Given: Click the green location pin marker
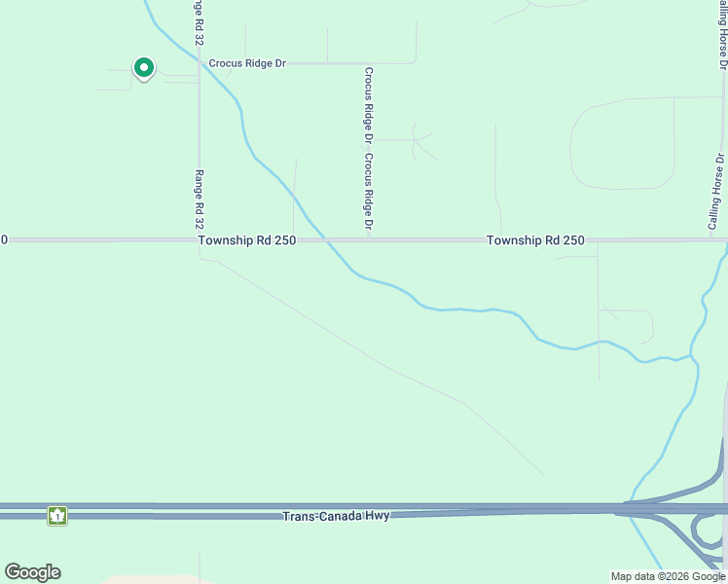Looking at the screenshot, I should (x=144, y=68).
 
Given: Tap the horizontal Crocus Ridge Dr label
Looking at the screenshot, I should (x=247, y=63).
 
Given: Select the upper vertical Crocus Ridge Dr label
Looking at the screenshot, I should (x=369, y=101).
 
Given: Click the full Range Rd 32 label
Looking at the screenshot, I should (x=199, y=200).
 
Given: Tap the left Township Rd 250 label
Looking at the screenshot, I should (x=247, y=240).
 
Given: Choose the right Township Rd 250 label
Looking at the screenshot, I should (x=535, y=240).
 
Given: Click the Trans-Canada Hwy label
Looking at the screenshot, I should (x=336, y=516).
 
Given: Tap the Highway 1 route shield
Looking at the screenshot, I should (x=57, y=516).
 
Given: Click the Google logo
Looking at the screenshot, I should (x=33, y=572).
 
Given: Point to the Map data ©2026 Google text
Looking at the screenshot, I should (x=668, y=576).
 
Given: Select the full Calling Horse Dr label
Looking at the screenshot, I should (x=715, y=192).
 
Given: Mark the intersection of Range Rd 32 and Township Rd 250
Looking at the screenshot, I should (x=199, y=239).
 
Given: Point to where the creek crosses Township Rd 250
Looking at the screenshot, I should (x=324, y=239).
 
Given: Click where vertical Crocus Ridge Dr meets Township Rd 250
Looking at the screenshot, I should (x=369, y=238).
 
